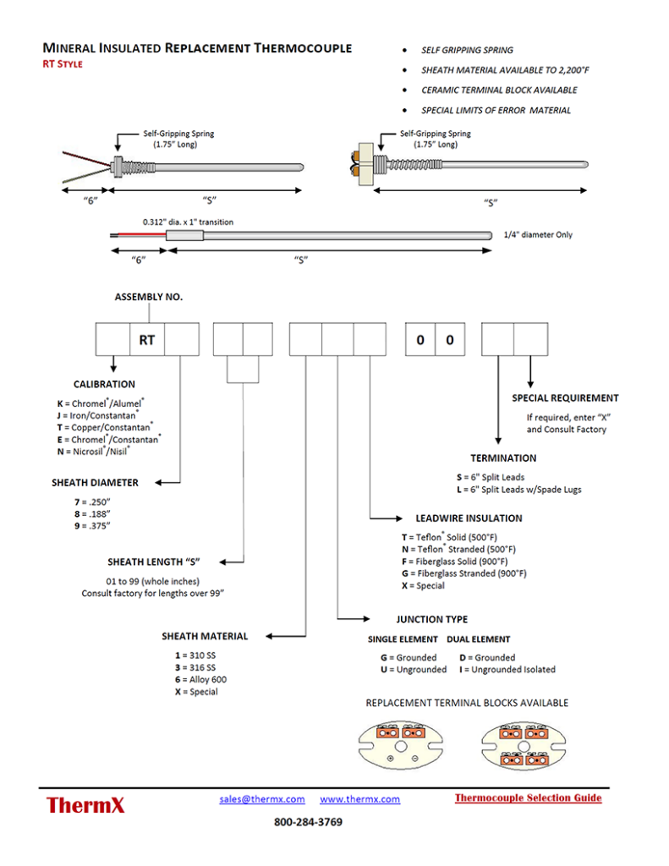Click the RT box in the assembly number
(146, 339)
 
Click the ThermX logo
(85, 805)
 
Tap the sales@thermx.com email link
(262, 799)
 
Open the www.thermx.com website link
(359, 799)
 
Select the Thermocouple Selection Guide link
(528, 797)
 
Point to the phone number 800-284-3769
(308, 822)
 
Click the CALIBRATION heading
(110, 384)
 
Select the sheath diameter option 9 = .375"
(93, 526)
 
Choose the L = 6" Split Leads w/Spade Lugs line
(518, 490)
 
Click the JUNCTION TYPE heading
(431, 619)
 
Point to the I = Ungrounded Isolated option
(507, 670)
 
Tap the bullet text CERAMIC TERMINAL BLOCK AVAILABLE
(499, 90)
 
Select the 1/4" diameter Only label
(537, 234)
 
